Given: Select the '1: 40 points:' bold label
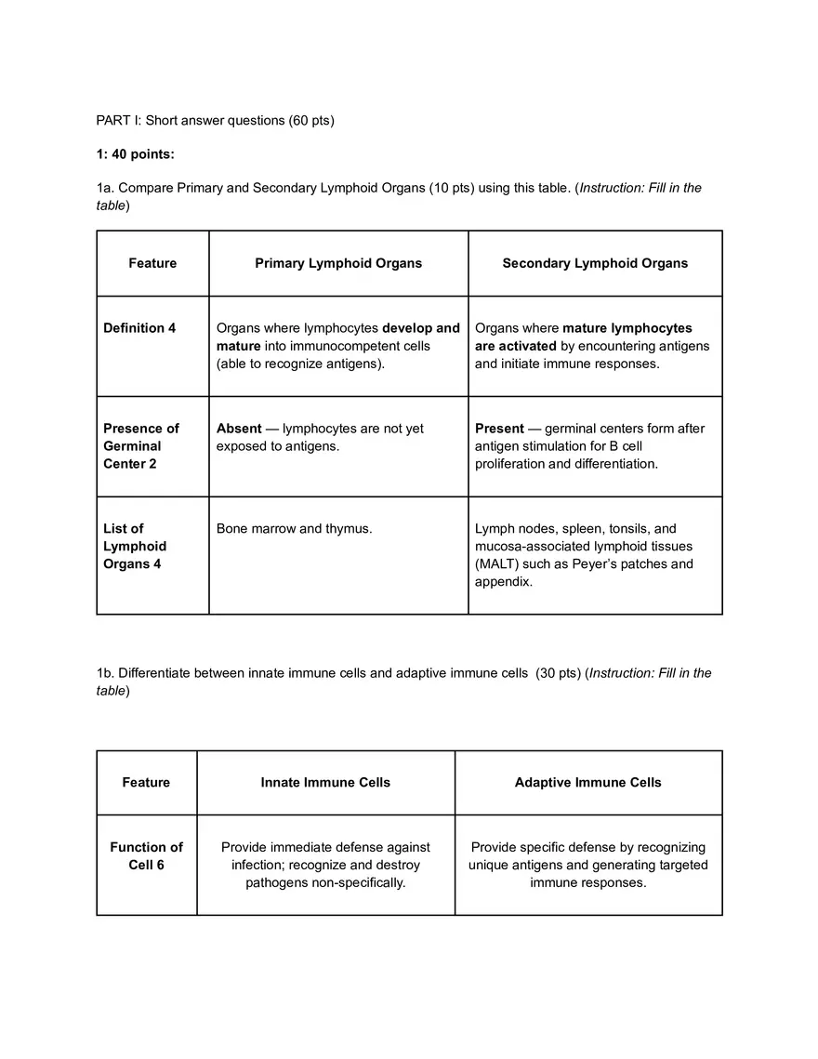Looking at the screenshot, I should coord(135,153).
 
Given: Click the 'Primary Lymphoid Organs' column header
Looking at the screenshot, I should coord(338,263).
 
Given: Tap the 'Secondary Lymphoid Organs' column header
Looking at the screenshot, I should coord(595,263).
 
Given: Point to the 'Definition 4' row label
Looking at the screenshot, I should coord(139,328).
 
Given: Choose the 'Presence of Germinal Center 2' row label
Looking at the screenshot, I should coord(141,446).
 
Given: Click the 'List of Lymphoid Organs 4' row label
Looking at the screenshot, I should coord(135,547).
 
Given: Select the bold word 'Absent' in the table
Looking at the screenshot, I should coord(239,429).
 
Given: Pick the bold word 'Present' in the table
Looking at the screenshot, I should coord(500,429).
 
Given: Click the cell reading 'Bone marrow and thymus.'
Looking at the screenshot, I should coord(294,529).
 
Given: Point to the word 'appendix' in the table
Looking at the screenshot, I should coord(503,582).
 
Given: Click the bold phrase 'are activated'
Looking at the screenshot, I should coord(516,346).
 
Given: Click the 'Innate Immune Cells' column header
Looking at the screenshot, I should coord(325,783).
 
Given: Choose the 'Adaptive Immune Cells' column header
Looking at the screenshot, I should coord(588,783).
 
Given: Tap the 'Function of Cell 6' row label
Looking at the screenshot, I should coord(147,856).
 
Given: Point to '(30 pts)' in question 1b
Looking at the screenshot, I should coord(557,673).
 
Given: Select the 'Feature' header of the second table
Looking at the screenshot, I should coord(147,783).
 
